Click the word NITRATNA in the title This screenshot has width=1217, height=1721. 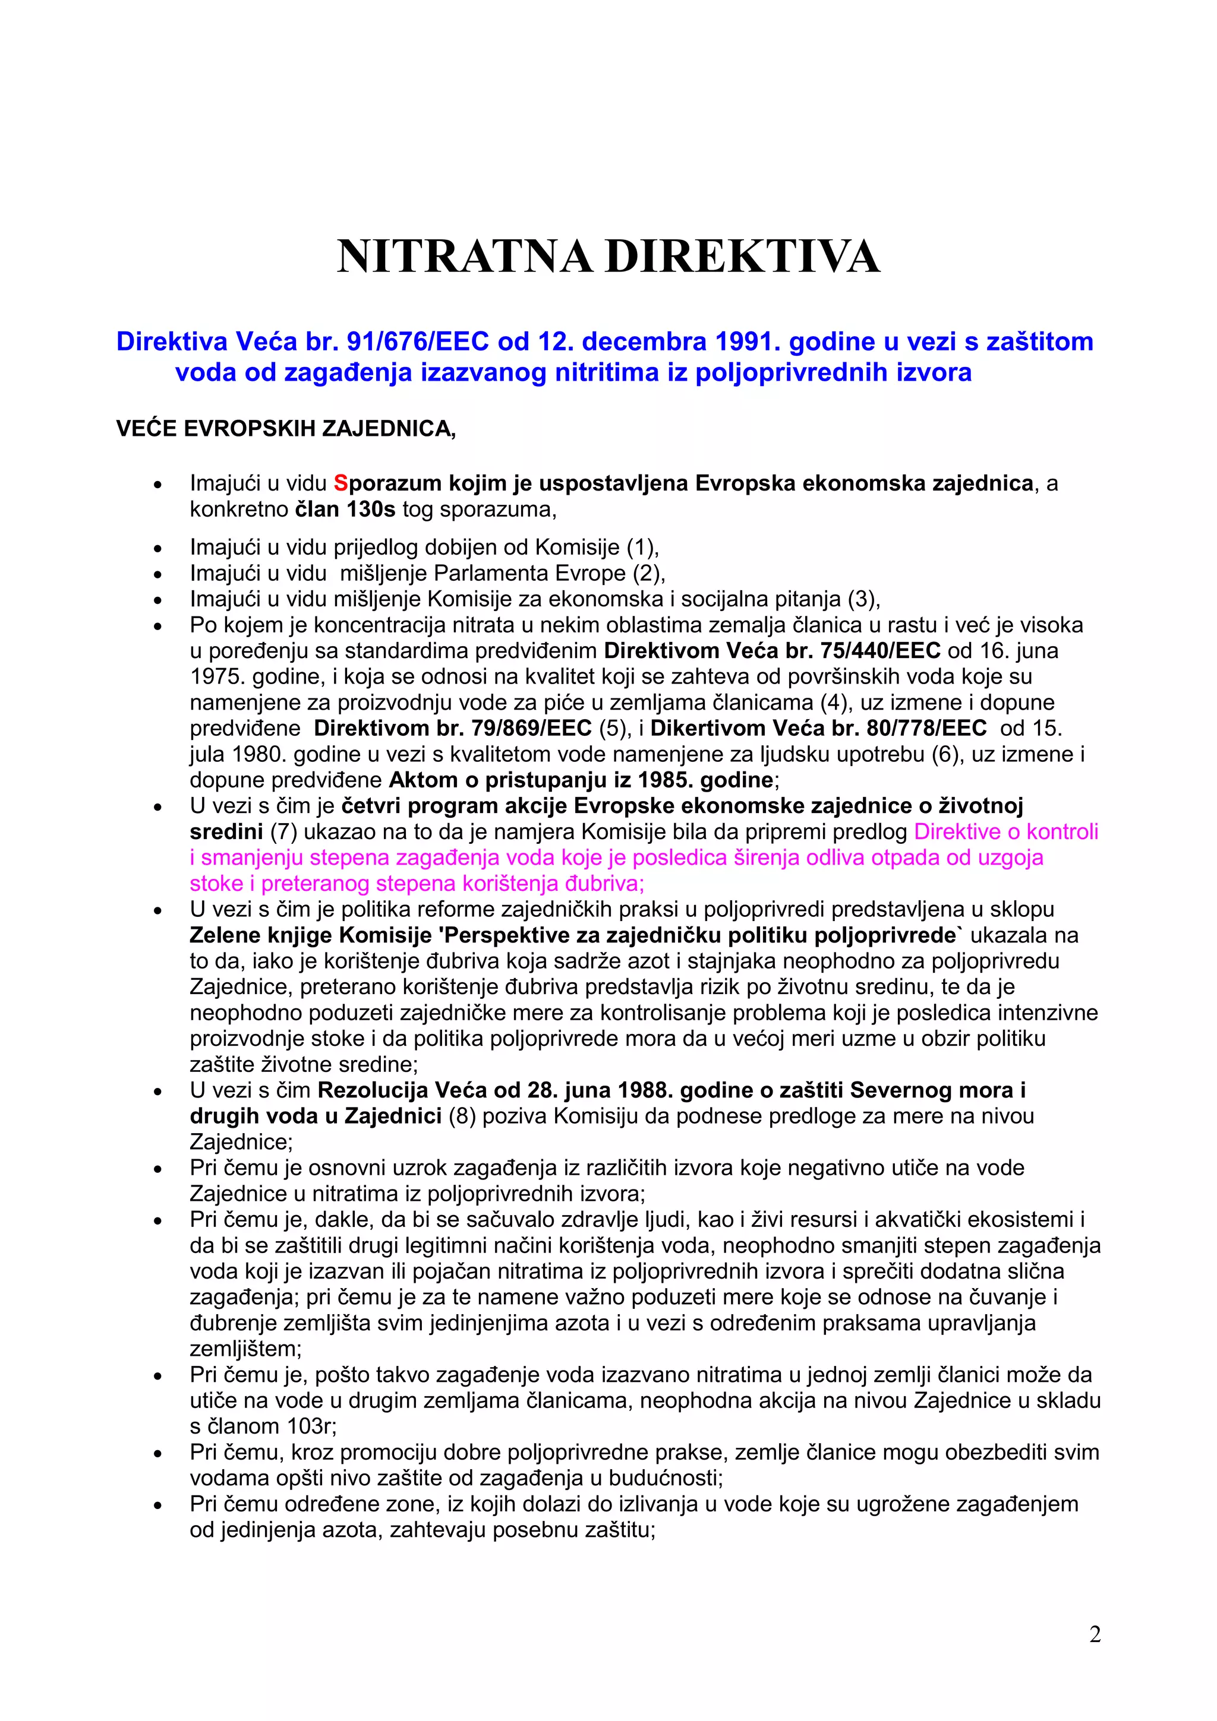(x=465, y=257)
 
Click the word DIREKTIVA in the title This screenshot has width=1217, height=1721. (x=742, y=257)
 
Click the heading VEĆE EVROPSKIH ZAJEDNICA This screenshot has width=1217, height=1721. (x=286, y=429)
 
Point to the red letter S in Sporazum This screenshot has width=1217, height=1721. (x=340, y=483)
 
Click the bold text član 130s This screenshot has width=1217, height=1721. (x=345, y=510)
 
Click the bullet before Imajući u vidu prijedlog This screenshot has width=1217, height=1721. (x=157, y=549)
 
